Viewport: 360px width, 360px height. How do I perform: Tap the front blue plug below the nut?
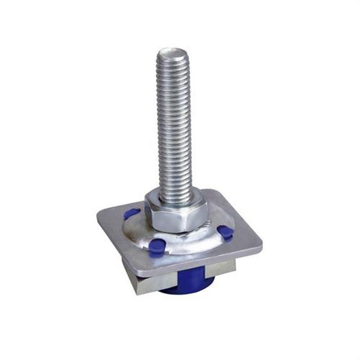157,246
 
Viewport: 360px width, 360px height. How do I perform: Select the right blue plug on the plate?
225,232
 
